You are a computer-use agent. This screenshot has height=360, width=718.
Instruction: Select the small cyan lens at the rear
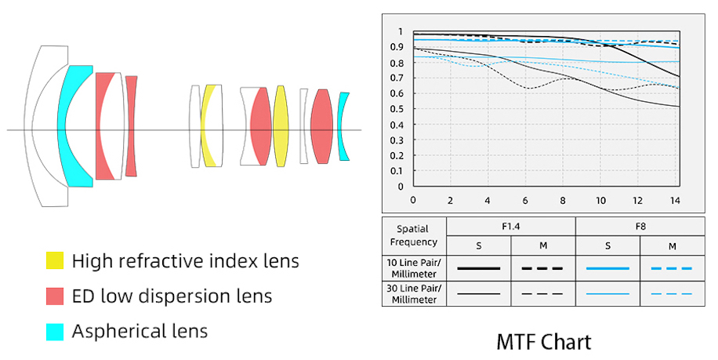tap(343, 126)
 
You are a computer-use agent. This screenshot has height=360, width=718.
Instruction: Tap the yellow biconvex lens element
tap(280, 125)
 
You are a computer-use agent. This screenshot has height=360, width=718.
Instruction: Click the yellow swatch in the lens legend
tap(55, 260)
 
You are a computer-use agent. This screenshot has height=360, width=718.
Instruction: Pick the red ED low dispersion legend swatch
tap(55, 296)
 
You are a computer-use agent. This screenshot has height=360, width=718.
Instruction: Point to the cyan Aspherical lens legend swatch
tap(55, 331)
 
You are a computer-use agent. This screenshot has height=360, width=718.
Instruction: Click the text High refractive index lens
tap(185, 260)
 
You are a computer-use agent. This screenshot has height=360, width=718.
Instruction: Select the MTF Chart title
tap(543, 342)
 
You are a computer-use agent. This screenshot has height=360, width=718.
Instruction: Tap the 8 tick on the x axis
tap(563, 200)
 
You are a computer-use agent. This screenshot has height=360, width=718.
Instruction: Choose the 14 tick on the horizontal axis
tap(675, 200)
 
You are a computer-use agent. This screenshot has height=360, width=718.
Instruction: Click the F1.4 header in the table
tap(510, 226)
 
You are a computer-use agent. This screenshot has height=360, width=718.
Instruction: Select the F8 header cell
tap(640, 226)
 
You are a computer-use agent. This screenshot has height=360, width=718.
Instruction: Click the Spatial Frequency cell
tap(413, 235)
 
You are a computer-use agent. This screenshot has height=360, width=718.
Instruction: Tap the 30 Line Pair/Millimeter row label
tap(413, 294)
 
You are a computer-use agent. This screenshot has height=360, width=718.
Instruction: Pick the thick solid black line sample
tap(478, 268)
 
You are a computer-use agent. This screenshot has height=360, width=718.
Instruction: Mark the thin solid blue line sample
tap(607, 294)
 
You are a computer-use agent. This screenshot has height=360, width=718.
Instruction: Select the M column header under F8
tap(672, 245)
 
